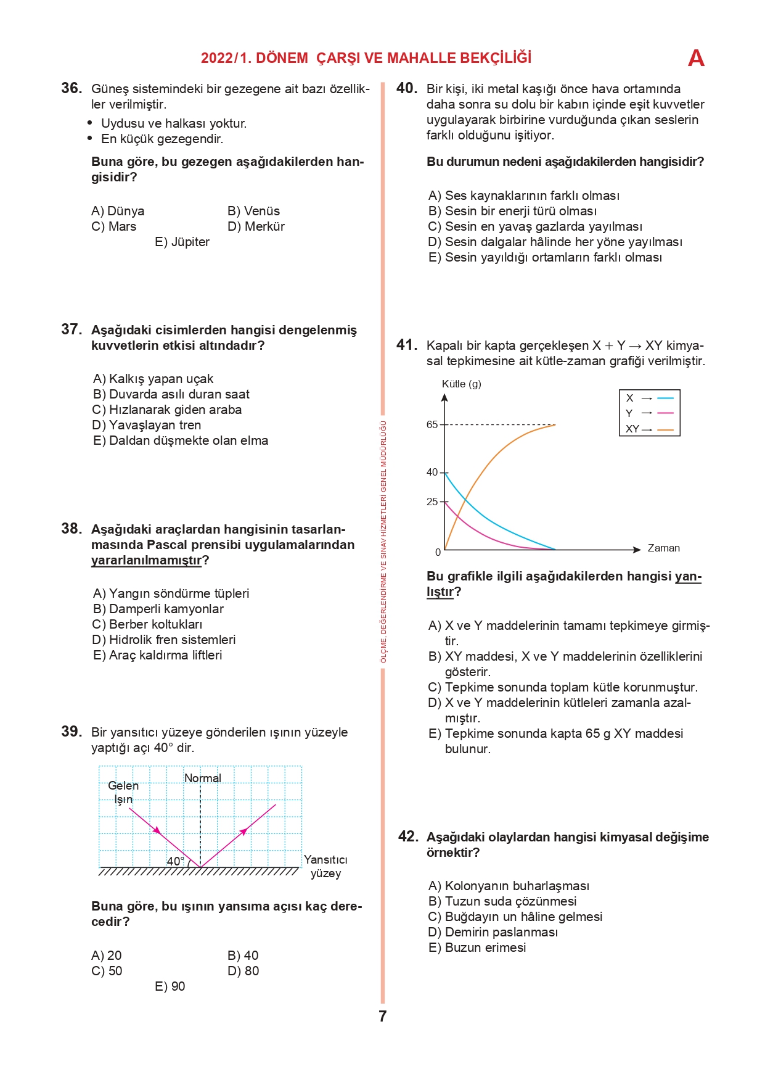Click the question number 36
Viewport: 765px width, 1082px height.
pos(72,88)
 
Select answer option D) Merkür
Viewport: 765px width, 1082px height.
pos(256,226)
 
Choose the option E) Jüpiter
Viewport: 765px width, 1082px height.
pos(182,242)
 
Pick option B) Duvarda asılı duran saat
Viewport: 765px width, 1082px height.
pos(171,394)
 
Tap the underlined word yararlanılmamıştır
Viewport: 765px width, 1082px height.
pos(147,560)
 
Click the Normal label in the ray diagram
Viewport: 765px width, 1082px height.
pos(203,778)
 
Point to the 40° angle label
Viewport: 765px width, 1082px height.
pos(176,861)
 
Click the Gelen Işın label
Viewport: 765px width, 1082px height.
pos(123,793)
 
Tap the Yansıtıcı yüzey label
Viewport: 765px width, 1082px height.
pos(325,867)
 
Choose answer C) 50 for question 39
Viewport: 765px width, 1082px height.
pos(107,971)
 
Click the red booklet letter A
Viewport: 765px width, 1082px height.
pos(696,58)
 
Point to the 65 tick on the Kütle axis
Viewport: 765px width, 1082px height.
pos(432,424)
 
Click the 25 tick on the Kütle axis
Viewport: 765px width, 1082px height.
pos(432,502)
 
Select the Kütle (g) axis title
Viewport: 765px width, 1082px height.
pos(461,384)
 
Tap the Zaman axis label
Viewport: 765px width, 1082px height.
pos(663,548)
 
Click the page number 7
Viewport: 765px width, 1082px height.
pos(383,1016)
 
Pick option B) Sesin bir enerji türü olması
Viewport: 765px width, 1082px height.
pos(512,211)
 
